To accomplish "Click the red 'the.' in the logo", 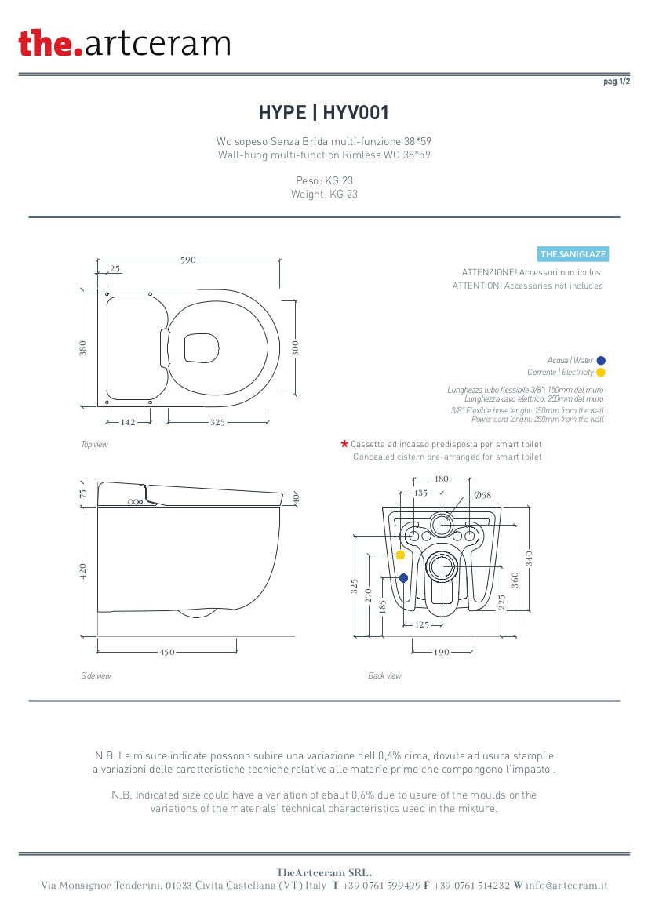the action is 50,43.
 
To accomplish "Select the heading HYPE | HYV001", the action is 324,112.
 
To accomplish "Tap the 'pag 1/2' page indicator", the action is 617,82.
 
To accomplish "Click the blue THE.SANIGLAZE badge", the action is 573,254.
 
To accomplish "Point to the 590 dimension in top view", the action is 188,260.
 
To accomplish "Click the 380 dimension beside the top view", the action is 83,348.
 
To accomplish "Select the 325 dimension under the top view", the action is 217,422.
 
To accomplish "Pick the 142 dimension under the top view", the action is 128,422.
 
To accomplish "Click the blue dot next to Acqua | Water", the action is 601,360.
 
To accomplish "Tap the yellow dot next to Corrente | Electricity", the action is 601,372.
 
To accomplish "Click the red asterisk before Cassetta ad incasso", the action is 344,445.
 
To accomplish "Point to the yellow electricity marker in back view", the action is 401,555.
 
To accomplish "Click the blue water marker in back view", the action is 403,578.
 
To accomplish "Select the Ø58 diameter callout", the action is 482,495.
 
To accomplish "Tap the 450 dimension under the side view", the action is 167,652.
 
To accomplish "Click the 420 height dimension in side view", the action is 83,571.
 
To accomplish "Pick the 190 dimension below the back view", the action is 442,652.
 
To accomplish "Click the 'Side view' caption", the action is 96,675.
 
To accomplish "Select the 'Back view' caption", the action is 385,675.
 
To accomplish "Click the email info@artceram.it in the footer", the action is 566,886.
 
